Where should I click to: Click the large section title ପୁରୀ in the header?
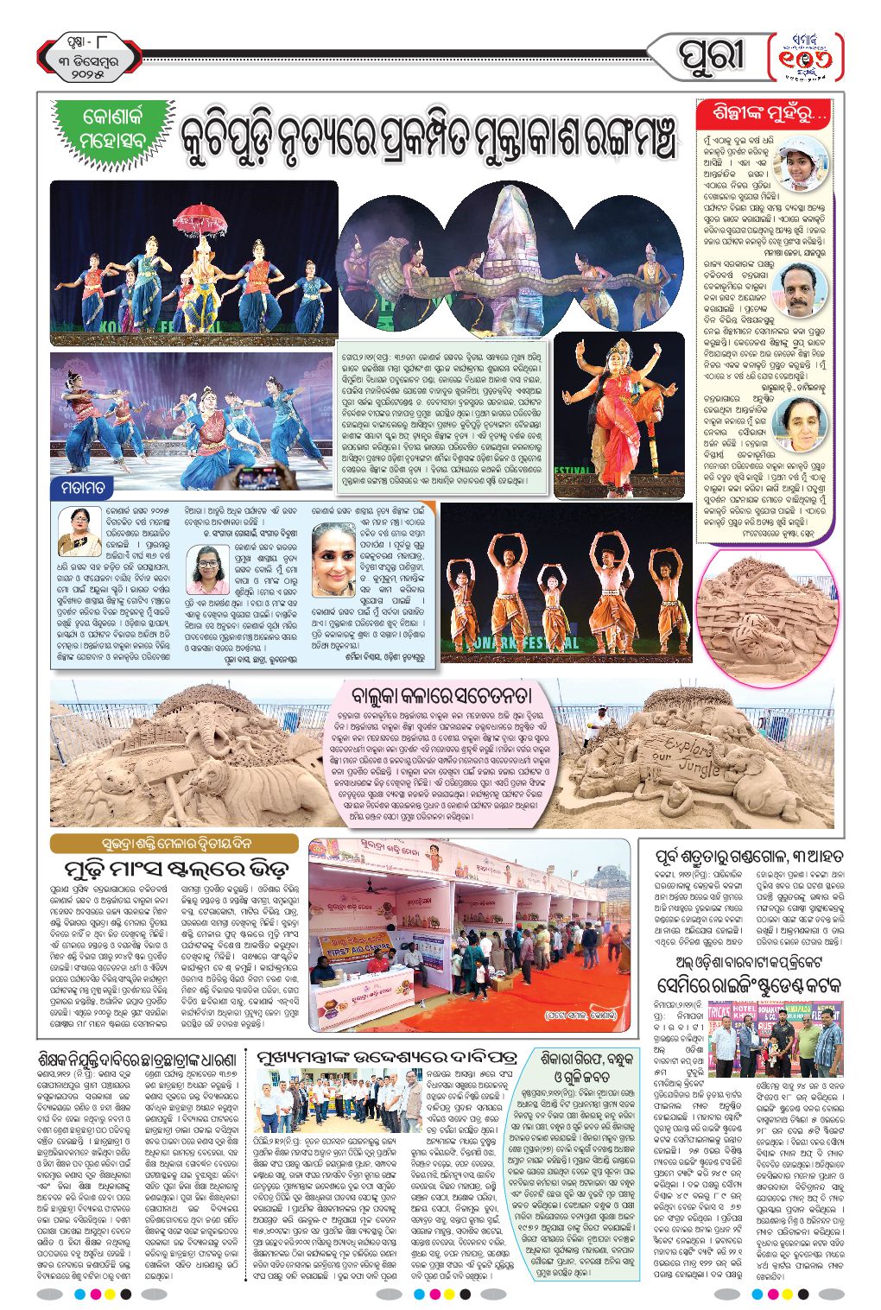[710, 57]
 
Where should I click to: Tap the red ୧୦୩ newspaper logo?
[806, 58]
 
